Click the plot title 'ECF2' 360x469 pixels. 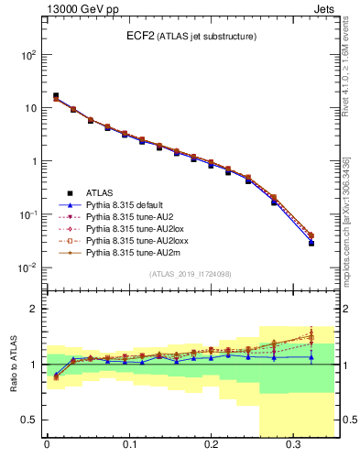click(140, 37)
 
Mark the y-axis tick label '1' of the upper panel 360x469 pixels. click(34, 161)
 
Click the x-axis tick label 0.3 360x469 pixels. click(293, 449)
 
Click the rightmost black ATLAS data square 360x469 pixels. click(311, 243)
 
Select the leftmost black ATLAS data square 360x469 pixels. click(56, 95)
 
